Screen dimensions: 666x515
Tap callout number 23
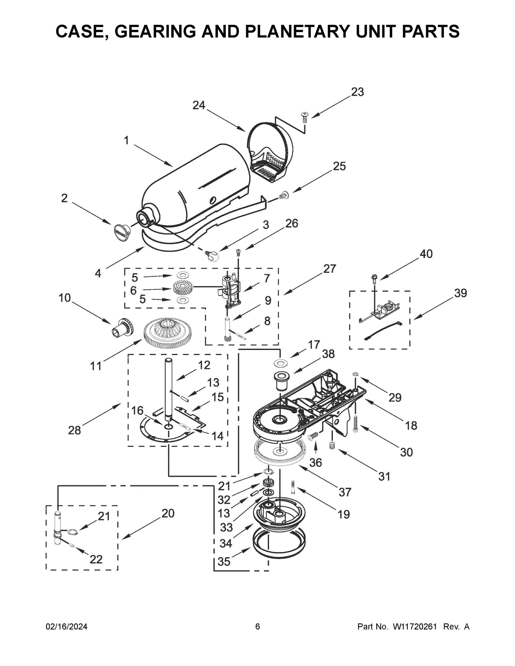357,92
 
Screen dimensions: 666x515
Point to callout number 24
199,105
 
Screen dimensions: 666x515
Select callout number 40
426,254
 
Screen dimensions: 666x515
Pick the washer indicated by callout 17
279,363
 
